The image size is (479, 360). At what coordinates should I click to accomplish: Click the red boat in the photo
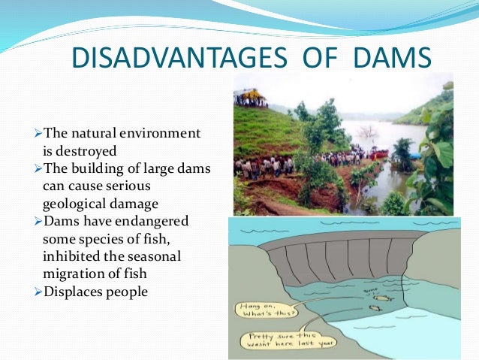(x=380, y=154)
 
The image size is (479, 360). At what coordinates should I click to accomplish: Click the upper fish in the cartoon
(x=368, y=295)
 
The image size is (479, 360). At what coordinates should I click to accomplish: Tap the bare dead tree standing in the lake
(x=367, y=135)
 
